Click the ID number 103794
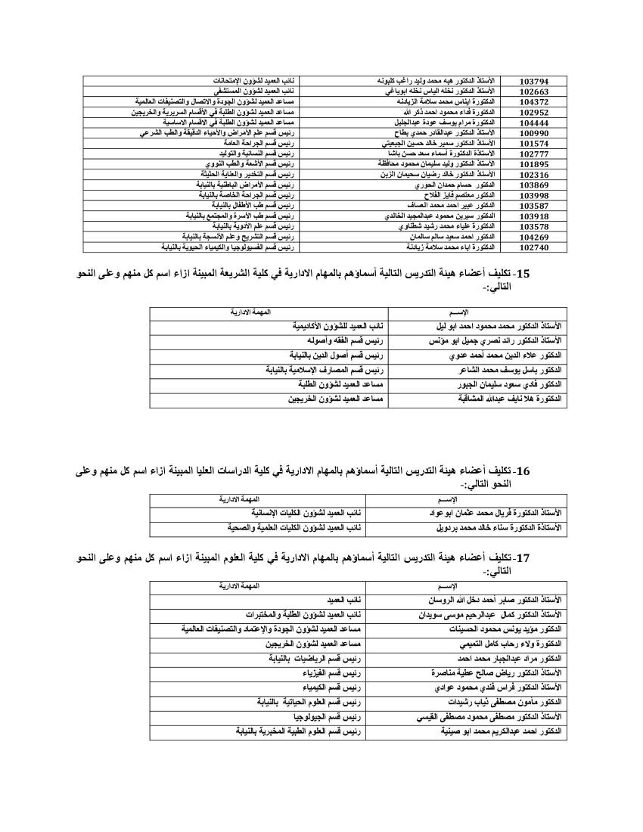(534, 80)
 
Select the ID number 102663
(534, 91)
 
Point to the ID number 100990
(534, 132)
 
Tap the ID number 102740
(534, 247)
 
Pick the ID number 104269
(534, 237)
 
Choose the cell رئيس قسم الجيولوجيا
(331, 716)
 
